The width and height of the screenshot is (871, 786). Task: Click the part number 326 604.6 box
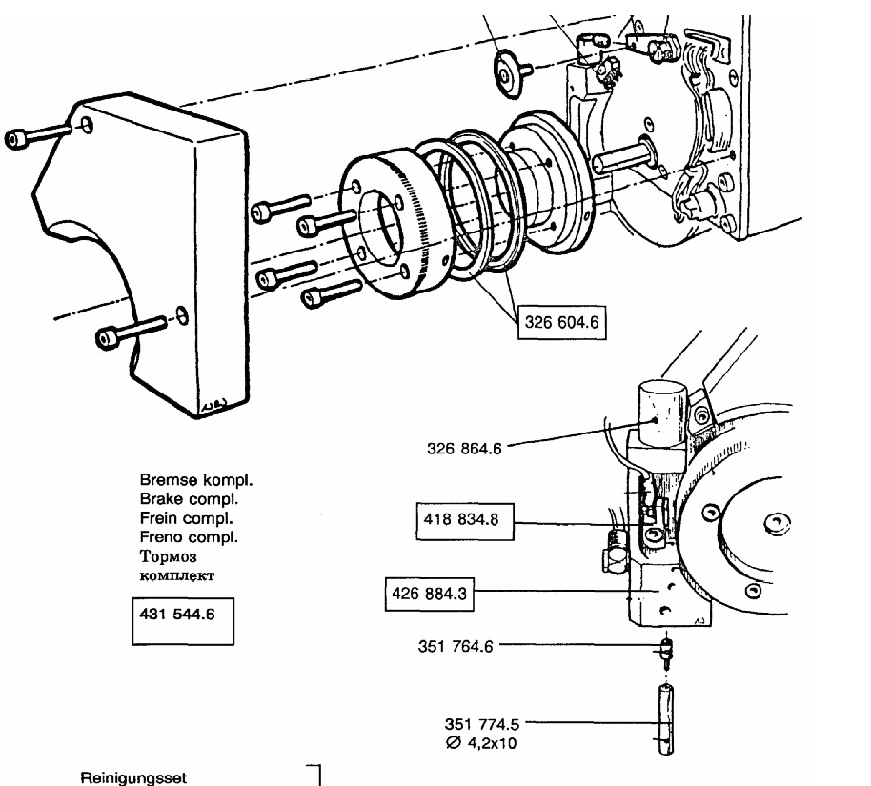tap(561, 322)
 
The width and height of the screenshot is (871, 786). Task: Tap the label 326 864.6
tap(464, 449)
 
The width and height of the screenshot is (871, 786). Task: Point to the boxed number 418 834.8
tap(465, 521)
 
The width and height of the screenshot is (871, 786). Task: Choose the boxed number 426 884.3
tap(430, 594)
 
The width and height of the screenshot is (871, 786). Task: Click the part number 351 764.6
tap(456, 647)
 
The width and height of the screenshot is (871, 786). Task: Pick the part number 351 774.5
tap(482, 724)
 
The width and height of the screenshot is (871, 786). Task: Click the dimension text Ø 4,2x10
tap(481, 743)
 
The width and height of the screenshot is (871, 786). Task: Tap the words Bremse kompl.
tap(196, 480)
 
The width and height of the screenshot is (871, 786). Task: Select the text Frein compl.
tap(186, 518)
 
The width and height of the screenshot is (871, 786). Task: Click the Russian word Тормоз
tap(168, 556)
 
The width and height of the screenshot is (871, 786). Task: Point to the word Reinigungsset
tap(133, 777)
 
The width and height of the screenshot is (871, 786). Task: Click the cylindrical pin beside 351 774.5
tap(665, 719)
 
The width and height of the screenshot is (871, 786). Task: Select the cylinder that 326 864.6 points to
tap(662, 412)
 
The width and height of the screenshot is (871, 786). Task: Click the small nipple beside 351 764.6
tap(666, 654)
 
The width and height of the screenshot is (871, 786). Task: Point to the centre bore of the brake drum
tap(388, 227)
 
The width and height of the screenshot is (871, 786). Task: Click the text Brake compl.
tap(189, 499)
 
